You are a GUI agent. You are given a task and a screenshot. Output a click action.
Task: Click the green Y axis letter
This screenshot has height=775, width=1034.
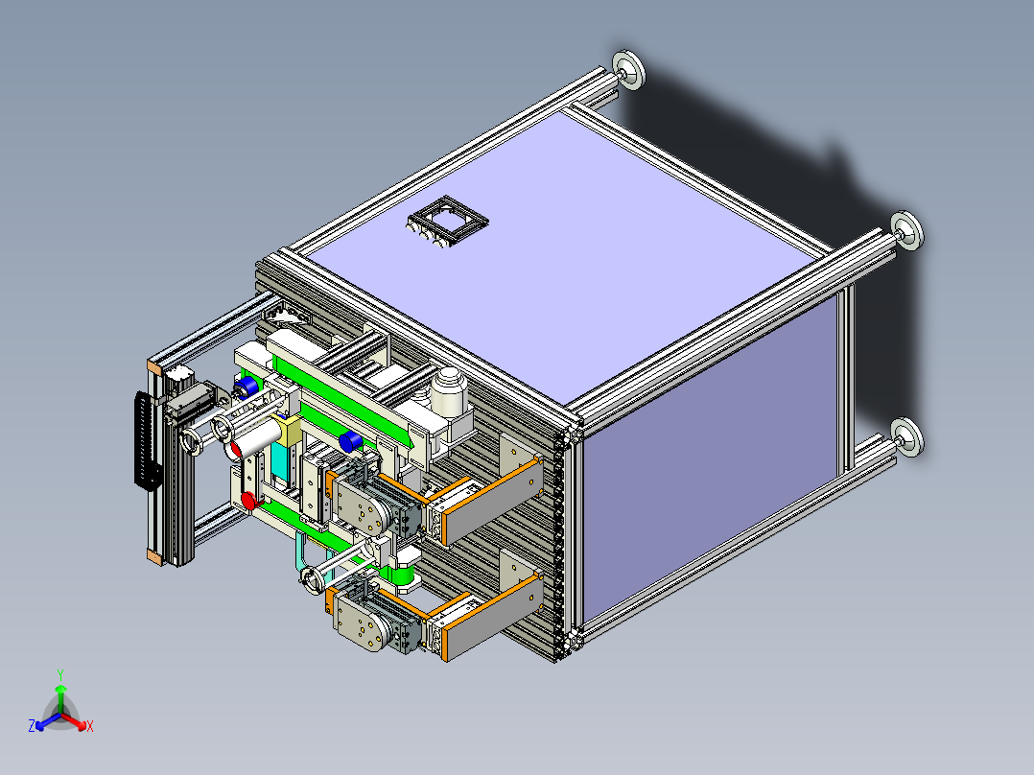[x=60, y=675]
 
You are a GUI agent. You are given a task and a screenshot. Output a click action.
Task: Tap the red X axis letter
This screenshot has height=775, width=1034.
[x=90, y=726]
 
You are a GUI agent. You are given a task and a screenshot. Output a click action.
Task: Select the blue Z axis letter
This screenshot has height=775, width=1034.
[x=32, y=725]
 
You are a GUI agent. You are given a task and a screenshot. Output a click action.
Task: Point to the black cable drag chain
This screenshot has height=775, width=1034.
[x=147, y=440]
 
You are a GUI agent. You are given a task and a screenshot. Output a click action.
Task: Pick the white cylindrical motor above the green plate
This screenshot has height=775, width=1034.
[x=449, y=392]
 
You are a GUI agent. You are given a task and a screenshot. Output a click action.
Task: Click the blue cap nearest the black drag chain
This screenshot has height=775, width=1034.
[x=247, y=386]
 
